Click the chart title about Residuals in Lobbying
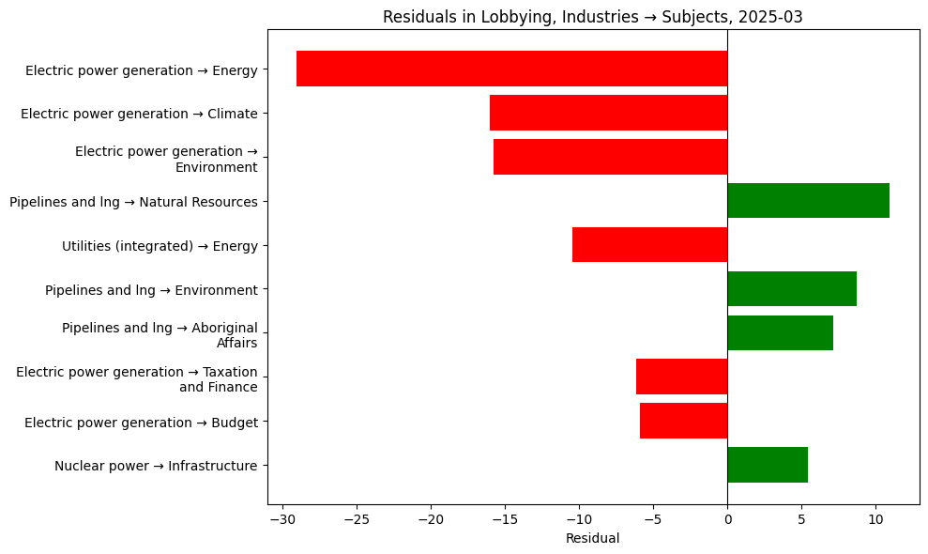[593, 17]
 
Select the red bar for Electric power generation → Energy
[511, 69]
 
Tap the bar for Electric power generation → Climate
[608, 113]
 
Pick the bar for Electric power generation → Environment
[610, 157]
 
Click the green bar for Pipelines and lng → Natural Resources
[808, 201]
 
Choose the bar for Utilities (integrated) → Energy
[649, 245]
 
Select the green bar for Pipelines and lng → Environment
[792, 289]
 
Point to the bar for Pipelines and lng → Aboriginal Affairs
[780, 333]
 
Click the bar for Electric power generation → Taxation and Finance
[681, 377]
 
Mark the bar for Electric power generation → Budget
[683, 421]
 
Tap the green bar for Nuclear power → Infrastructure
[768, 465]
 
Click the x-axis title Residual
[593, 539]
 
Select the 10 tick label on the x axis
[875, 519]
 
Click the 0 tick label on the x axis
[727, 519]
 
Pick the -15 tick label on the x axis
[505, 519]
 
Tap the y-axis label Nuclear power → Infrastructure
[156, 466]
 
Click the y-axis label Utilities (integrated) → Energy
[160, 246]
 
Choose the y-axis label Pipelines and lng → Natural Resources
[133, 202]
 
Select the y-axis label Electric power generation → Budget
[141, 422]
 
